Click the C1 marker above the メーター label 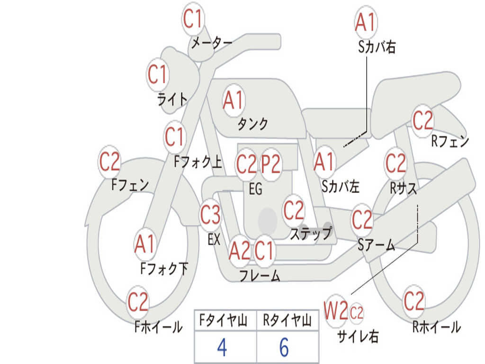(193, 19)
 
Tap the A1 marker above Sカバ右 (366, 22)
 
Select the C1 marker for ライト (158, 75)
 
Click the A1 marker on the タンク (234, 100)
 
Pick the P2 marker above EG (271, 164)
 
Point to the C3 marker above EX (210, 215)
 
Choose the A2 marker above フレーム (240, 251)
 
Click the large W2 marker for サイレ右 (336, 310)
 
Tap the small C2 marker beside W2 (356, 313)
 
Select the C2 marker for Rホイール (414, 301)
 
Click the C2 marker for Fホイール (138, 302)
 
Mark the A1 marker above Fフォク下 (145, 244)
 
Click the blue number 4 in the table (223, 347)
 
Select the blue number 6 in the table (284, 347)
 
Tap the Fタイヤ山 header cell (225, 320)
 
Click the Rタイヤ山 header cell (287, 320)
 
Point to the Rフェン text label (450, 141)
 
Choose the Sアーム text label (377, 245)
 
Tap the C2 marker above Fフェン (110, 162)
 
